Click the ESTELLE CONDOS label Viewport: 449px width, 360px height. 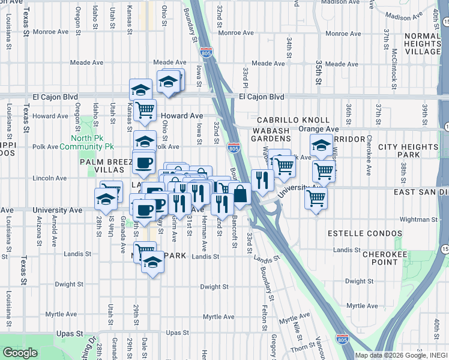tap(364, 233)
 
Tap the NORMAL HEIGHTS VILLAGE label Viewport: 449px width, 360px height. tap(423, 44)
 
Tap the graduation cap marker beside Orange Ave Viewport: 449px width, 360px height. tap(321, 145)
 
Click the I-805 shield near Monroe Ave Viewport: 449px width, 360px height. tap(206, 53)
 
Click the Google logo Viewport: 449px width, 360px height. tap(20, 353)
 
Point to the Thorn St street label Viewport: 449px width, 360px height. tap(299, 348)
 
